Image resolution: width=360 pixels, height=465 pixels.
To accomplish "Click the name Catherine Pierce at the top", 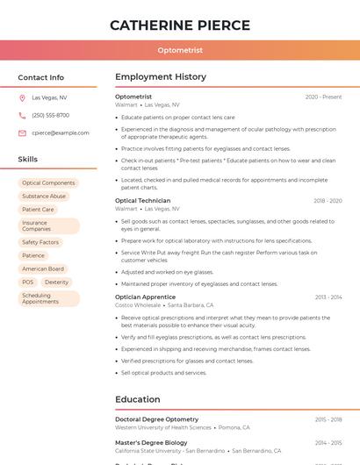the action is [x=180, y=25].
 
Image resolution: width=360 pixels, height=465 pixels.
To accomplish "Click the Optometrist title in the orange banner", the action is [x=180, y=51].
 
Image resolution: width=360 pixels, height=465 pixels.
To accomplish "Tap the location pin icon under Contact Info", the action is [x=22, y=98].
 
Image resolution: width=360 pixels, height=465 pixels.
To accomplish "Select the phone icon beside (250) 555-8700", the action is [x=22, y=116].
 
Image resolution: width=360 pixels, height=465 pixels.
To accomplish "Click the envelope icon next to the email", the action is [x=22, y=133].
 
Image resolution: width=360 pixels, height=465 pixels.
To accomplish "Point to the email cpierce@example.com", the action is [x=61, y=133].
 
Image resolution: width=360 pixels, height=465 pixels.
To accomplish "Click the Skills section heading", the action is [x=28, y=160].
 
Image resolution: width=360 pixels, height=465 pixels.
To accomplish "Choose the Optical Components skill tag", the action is [x=48, y=183].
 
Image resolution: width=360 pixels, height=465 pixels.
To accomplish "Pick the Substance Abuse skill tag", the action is [x=44, y=197].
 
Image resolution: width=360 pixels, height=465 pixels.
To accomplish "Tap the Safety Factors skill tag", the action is [x=40, y=242].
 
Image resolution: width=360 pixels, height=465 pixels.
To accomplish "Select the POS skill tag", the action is [x=28, y=283].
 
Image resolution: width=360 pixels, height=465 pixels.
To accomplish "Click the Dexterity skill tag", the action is [x=56, y=283].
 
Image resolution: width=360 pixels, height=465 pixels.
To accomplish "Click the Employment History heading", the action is [x=161, y=77].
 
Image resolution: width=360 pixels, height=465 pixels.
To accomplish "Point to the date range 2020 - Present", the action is [x=323, y=97].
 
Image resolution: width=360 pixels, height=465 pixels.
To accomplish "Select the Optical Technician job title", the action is [x=142, y=201].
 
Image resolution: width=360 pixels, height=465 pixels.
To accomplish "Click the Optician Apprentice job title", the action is [x=145, y=297].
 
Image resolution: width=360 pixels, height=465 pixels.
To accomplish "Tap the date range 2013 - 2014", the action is [x=328, y=297].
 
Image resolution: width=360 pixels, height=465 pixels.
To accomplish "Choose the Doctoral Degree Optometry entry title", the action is [x=156, y=419].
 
